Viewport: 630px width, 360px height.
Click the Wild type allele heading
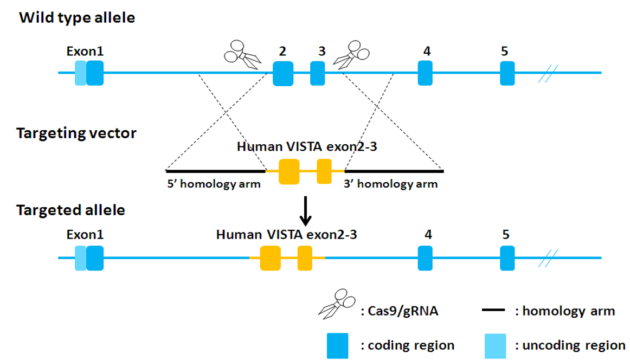point(77,17)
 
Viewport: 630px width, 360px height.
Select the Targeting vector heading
point(76,133)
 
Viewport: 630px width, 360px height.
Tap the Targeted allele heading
point(70,210)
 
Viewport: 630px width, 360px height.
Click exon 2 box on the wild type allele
point(282,73)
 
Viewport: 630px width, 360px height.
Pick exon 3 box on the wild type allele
point(318,73)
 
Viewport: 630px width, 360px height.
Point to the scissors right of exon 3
point(351,54)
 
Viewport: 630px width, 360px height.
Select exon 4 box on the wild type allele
point(426,73)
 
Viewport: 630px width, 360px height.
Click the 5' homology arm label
point(214,184)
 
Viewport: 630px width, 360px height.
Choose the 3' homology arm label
point(390,184)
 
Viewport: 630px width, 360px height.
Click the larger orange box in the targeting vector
point(289,171)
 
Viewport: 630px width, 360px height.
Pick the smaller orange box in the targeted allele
point(305,258)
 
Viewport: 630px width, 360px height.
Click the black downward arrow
point(306,211)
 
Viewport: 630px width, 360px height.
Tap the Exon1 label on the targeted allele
point(85,235)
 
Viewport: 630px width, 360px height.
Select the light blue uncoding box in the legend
point(495,345)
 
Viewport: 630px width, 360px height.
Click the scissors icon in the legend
point(337,304)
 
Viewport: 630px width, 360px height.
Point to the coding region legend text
point(407,345)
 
